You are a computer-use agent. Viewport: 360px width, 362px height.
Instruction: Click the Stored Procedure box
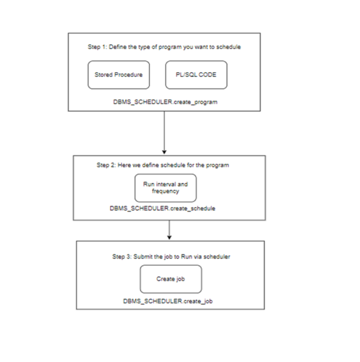coord(118,75)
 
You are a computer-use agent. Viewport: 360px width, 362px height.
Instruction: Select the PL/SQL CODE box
coord(196,75)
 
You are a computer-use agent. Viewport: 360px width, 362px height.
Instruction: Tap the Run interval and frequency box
coord(166,187)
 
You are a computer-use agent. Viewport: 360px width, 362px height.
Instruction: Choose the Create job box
coord(170,279)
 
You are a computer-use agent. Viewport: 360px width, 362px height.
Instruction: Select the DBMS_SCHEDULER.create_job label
coord(167,301)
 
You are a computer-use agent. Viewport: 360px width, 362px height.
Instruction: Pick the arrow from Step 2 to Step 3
coord(170,230)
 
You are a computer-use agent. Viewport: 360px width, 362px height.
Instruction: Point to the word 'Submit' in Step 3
coord(144,256)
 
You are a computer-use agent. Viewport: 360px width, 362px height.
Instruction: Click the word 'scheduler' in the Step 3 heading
coord(218,256)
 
